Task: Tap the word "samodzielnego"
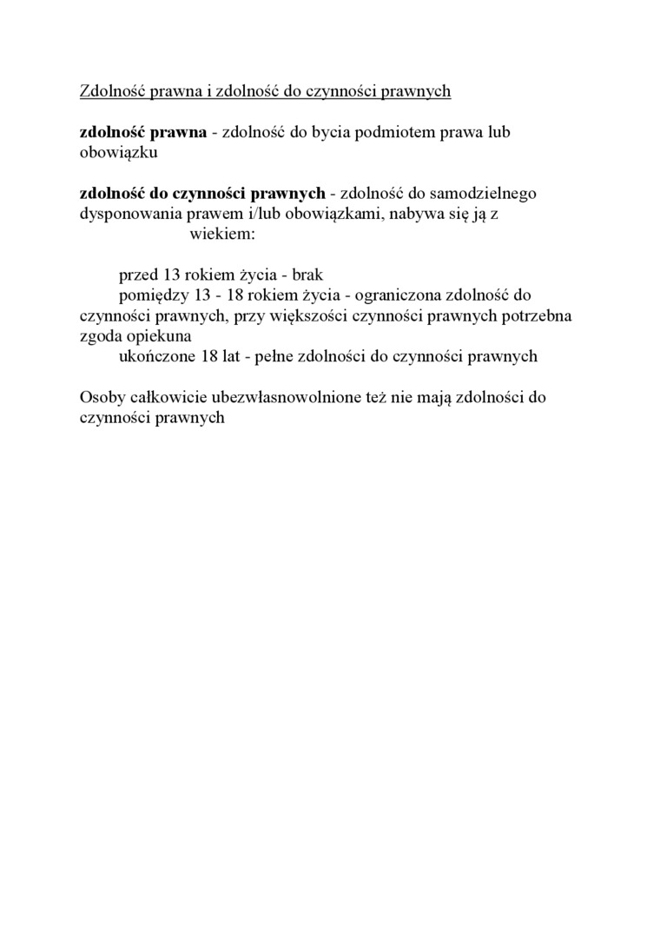coord(491,194)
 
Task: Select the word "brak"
coord(307,275)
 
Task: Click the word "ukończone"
coord(157,355)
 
